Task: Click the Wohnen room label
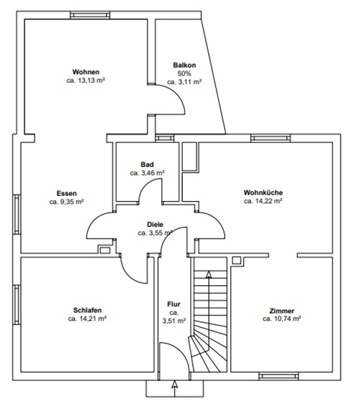[x=86, y=72]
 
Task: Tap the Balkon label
[x=184, y=65]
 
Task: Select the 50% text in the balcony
[x=184, y=73]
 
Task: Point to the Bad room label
[x=148, y=164]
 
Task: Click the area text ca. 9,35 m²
[x=66, y=202]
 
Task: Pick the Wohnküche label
[x=263, y=192]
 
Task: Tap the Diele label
[x=155, y=225]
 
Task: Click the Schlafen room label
[x=87, y=310]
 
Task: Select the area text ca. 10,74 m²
[x=282, y=318]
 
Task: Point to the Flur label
[x=174, y=304]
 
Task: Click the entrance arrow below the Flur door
[x=175, y=389]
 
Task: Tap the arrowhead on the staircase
[x=209, y=274]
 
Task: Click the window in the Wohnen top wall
[x=90, y=15]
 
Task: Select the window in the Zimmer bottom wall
[x=279, y=376]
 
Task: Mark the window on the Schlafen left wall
[x=17, y=305]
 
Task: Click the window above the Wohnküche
[x=271, y=138]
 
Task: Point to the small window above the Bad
[x=165, y=138]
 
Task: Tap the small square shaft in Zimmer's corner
[x=236, y=260]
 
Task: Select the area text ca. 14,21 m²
[x=87, y=318]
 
